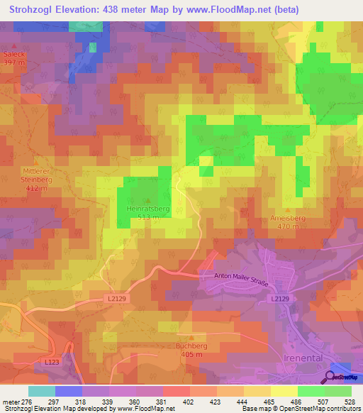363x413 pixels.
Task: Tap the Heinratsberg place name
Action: click(x=147, y=210)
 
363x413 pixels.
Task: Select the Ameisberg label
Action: click(x=287, y=219)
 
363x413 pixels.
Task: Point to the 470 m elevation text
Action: click(x=287, y=227)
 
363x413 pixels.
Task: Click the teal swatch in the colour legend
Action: click(x=41, y=391)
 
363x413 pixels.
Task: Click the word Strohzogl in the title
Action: click(x=32, y=10)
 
